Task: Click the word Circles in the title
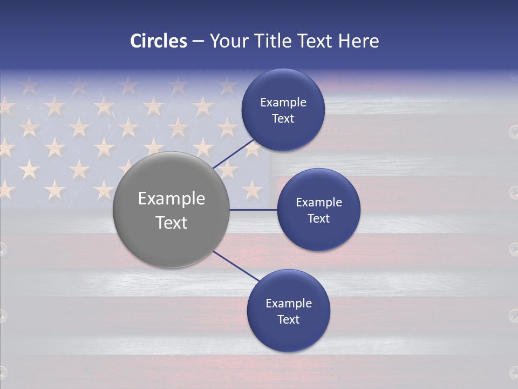tap(159, 41)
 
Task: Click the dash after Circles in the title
tap(198, 42)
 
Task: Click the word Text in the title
tap(318, 41)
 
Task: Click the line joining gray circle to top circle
tap(233, 153)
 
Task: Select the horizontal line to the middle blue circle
tap(253, 210)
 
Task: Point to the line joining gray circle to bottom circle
tap(235, 266)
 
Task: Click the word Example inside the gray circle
tap(171, 199)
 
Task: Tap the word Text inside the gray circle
tap(171, 223)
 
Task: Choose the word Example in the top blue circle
tap(283, 103)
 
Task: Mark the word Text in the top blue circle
tap(283, 119)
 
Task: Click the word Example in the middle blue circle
tap(318, 203)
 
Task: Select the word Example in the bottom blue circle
tap(288, 304)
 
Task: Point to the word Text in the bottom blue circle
tap(288, 320)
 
